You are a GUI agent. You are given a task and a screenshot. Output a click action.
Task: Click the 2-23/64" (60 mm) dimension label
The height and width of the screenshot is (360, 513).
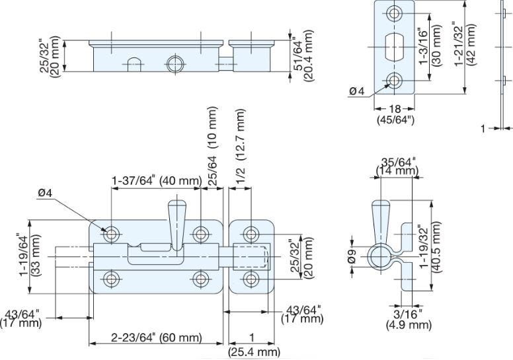(x=156, y=337)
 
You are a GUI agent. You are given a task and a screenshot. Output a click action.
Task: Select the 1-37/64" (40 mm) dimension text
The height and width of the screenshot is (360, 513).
(x=156, y=180)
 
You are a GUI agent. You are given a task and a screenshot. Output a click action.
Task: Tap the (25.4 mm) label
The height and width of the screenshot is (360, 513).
(x=254, y=352)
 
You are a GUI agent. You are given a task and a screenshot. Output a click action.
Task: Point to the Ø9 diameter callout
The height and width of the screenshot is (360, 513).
(x=352, y=256)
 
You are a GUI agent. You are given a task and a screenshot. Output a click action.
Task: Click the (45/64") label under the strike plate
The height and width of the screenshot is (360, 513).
(x=395, y=120)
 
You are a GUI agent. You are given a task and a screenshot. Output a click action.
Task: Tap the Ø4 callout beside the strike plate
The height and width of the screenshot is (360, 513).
(x=356, y=91)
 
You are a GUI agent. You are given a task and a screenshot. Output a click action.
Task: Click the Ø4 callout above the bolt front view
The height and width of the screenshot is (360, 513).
(x=45, y=194)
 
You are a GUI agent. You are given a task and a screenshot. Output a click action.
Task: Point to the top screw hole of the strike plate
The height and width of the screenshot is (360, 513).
(x=394, y=13)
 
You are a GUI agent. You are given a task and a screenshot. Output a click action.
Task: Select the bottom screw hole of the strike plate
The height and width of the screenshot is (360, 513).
(x=394, y=80)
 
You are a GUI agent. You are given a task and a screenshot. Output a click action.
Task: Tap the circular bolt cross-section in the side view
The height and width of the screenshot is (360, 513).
(x=381, y=256)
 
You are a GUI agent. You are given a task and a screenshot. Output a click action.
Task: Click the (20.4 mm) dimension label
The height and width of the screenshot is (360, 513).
(x=308, y=55)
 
